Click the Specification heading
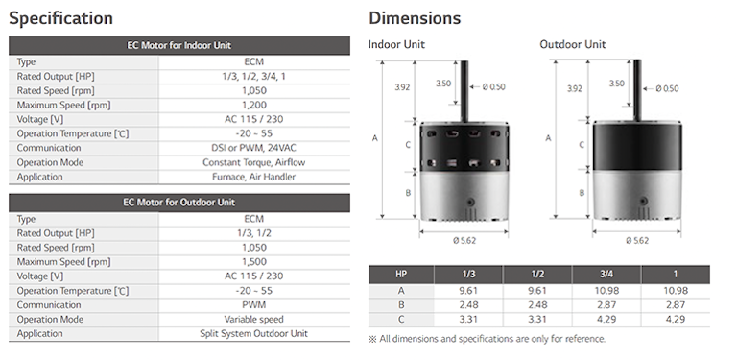point(61,18)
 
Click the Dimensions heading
point(415,18)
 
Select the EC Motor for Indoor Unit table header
point(178,45)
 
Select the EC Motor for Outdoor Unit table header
point(178,203)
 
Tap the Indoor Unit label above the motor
point(396,45)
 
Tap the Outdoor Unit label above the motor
point(573,45)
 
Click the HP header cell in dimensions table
point(401,274)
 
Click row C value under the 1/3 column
point(468,319)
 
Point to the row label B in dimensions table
point(401,304)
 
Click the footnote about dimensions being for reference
point(487,339)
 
